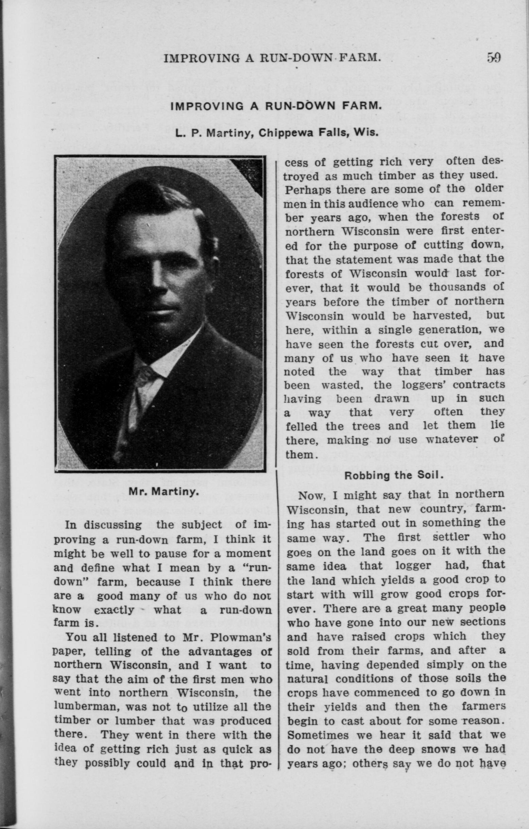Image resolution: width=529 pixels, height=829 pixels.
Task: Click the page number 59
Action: (x=494, y=57)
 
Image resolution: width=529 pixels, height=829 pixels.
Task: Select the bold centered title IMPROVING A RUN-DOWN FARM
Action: (x=276, y=105)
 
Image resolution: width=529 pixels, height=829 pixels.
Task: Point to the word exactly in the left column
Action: (x=114, y=610)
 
